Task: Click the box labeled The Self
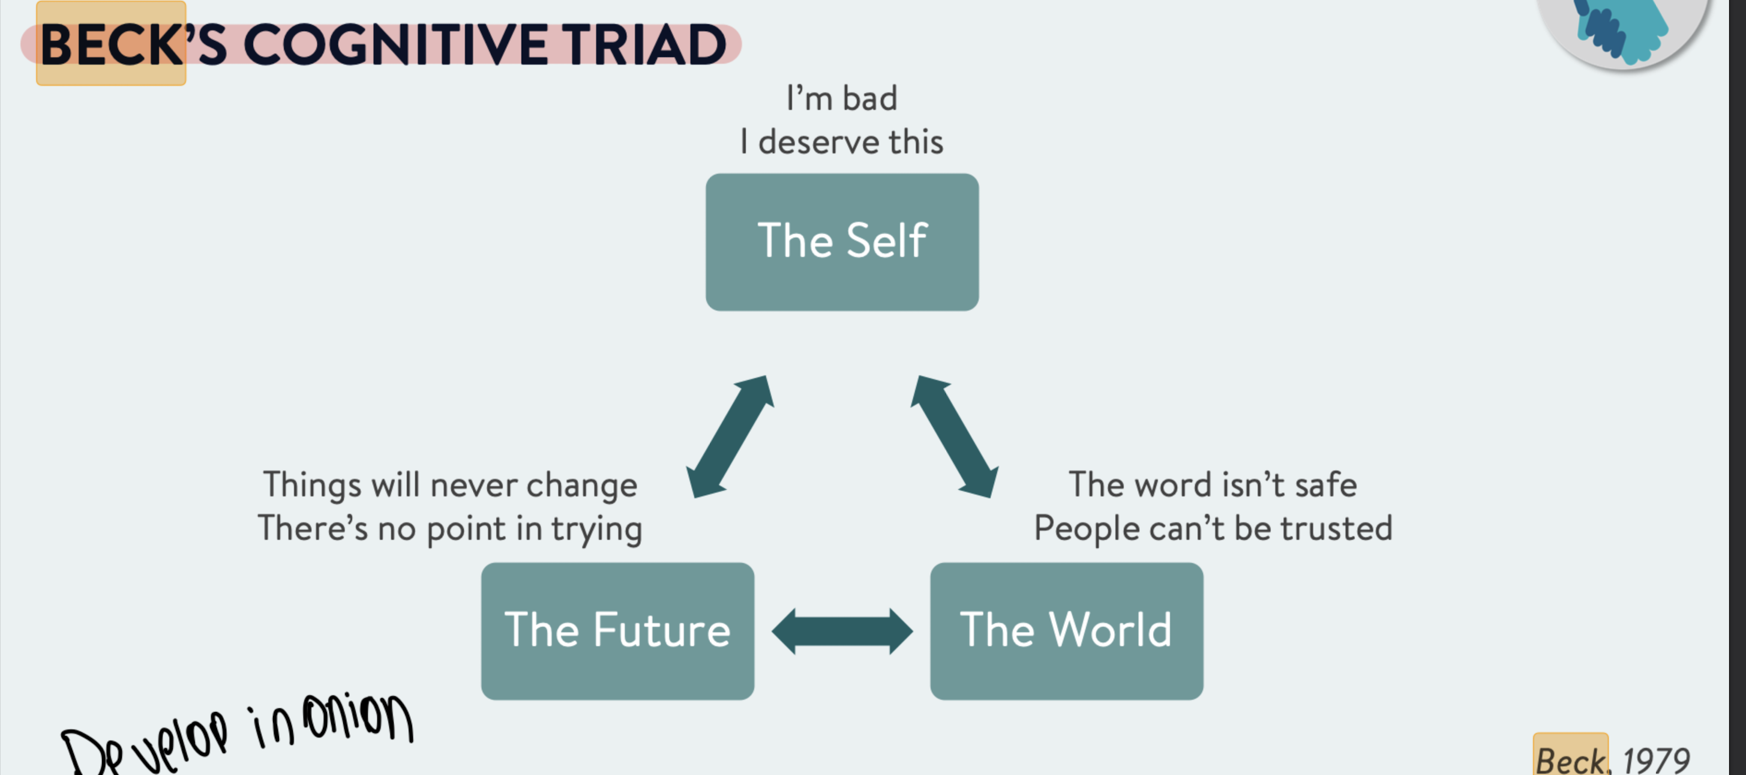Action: tap(842, 242)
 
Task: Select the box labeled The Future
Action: tap(617, 630)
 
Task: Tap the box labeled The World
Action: tap(1066, 630)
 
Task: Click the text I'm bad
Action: tap(842, 98)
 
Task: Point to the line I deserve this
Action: tap(842, 142)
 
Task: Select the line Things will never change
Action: tap(450, 486)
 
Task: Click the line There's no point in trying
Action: tap(450, 529)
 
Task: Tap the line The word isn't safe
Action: tap(1213, 486)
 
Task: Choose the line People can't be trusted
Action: tap(1213, 529)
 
